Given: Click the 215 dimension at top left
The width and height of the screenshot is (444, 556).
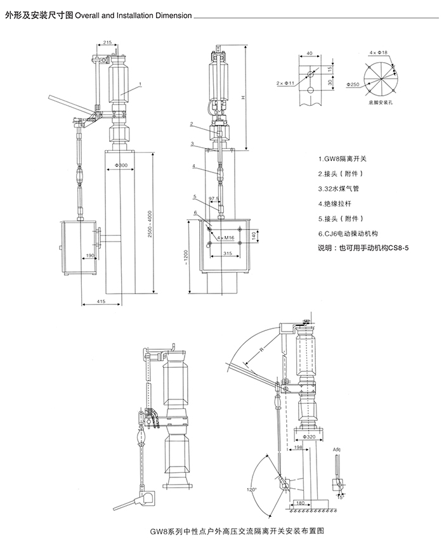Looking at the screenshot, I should (107, 42).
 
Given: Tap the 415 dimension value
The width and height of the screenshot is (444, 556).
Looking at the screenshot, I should (101, 302).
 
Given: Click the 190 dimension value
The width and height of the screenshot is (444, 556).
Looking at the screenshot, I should (91, 255).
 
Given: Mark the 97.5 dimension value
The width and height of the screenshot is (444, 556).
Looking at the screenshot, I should (213, 199).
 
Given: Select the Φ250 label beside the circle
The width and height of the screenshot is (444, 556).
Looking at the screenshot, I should (354, 84).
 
